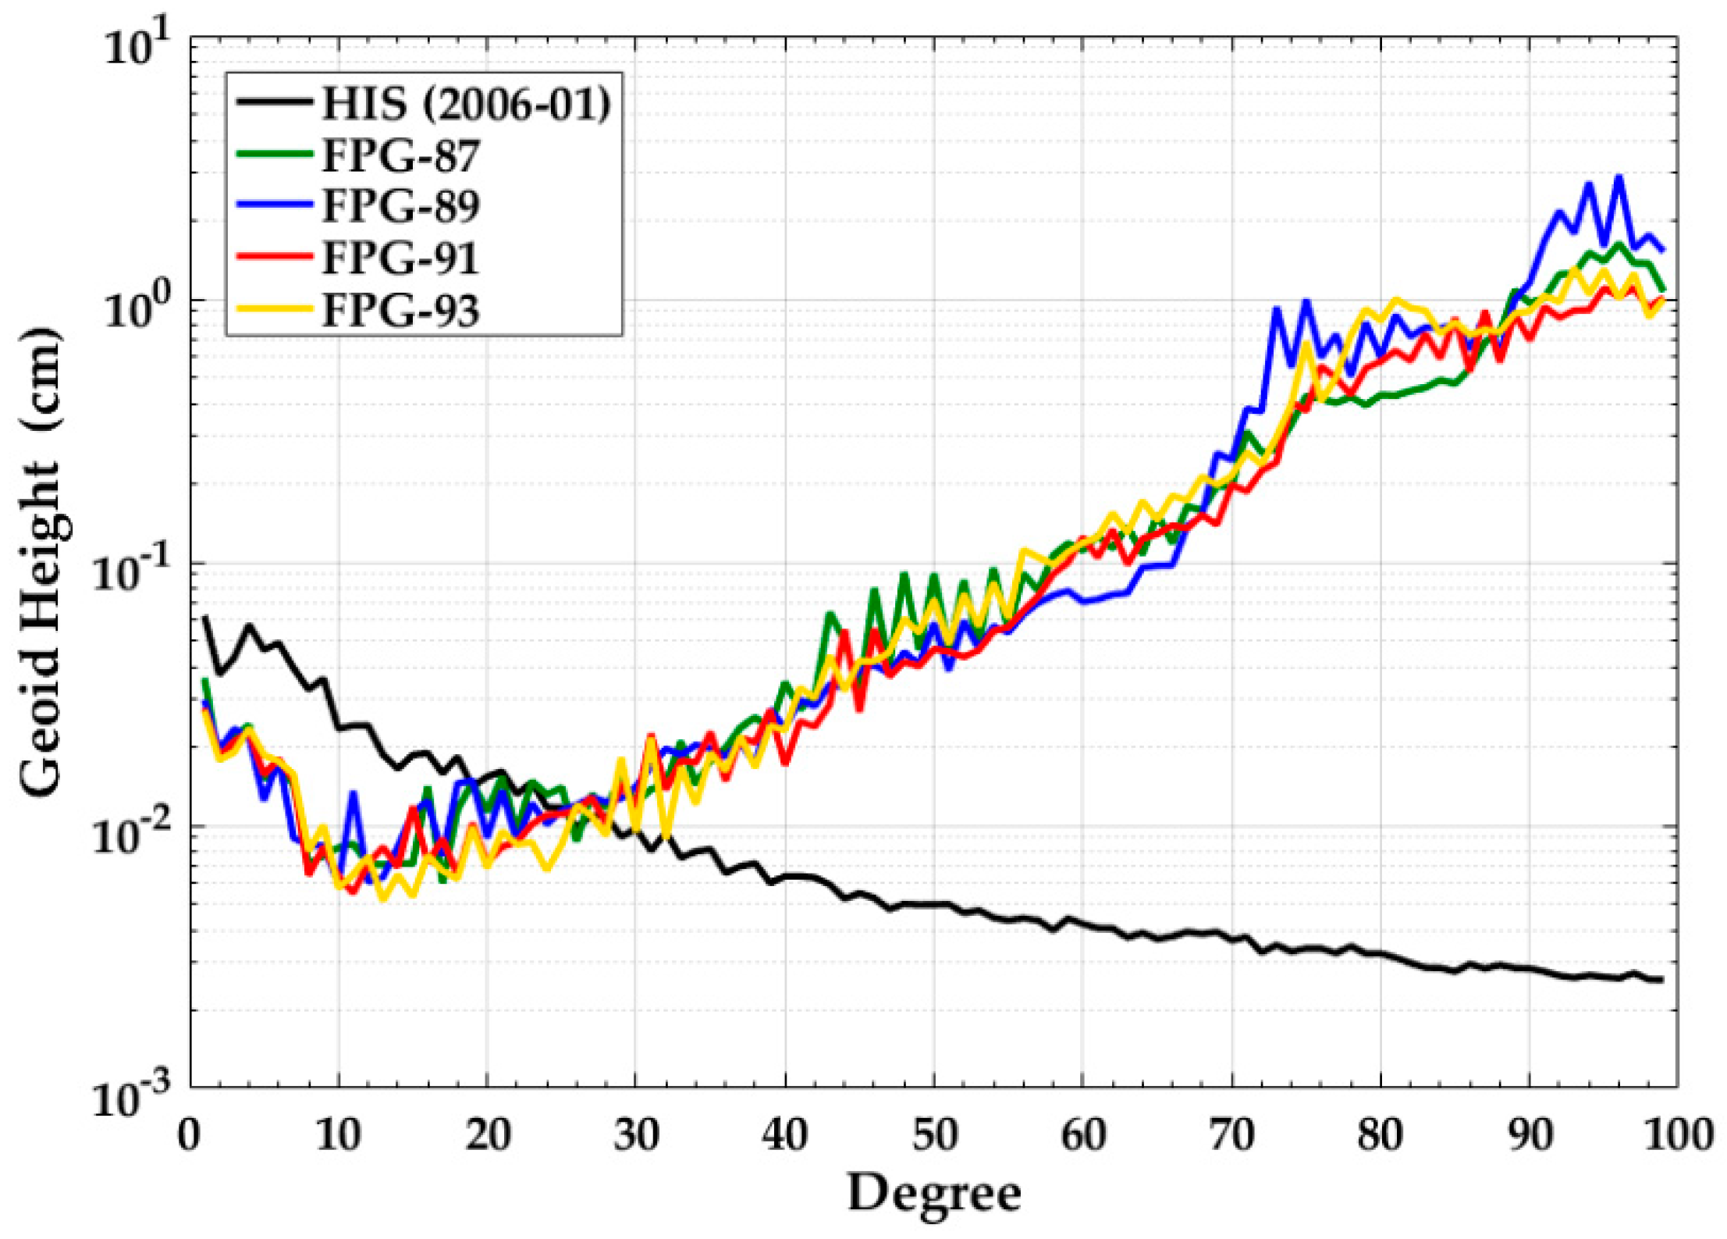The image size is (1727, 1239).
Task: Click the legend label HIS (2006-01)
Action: tap(465, 102)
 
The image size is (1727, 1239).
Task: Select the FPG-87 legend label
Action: tap(400, 155)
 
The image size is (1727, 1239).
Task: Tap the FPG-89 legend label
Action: tap(400, 206)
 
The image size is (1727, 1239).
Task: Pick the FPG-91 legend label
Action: tap(400, 258)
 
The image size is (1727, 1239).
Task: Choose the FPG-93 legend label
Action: tap(400, 310)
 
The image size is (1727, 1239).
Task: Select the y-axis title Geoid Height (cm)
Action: tap(39, 562)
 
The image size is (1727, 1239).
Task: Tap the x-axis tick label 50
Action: tap(933, 1134)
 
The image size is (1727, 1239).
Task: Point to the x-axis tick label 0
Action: tap(190, 1134)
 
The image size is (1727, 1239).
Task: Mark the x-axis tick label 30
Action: tap(635, 1134)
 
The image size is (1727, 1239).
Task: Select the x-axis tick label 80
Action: tap(1380, 1134)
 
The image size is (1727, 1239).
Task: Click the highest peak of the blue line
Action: tap(1619, 177)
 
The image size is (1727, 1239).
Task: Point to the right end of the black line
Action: tap(1662, 980)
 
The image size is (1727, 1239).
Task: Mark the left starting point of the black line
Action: tap(205, 618)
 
